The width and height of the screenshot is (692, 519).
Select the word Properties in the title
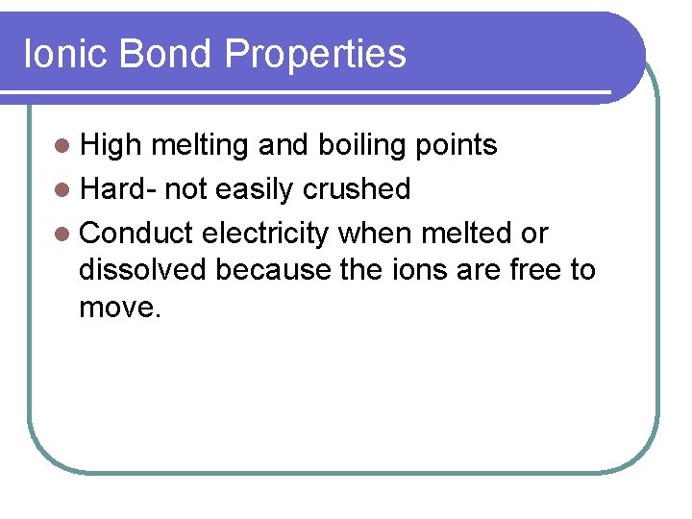pyautogui.click(x=316, y=54)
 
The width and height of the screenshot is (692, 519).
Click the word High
pyautogui.click(x=111, y=145)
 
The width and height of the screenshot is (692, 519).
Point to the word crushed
pyautogui.click(x=357, y=189)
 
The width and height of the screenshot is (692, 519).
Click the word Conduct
pyautogui.click(x=137, y=234)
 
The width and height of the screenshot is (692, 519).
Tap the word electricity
pyautogui.click(x=266, y=234)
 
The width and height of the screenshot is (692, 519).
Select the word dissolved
pyautogui.click(x=142, y=270)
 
